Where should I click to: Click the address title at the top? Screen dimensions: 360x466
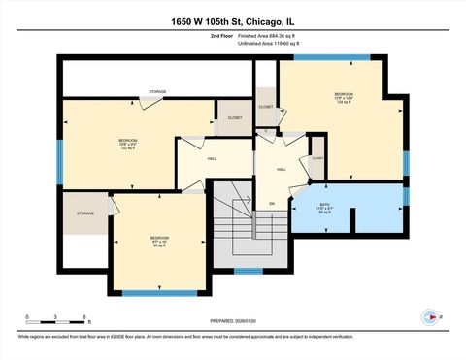tap(232, 22)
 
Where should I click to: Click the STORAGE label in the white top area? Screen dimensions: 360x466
tap(157, 91)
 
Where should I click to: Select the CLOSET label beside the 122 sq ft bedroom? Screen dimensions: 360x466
tap(234, 117)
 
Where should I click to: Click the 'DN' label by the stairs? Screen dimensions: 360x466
tap(273, 203)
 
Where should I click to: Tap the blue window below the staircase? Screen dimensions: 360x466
tap(250, 270)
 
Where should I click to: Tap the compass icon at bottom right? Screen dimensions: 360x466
tap(428, 315)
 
